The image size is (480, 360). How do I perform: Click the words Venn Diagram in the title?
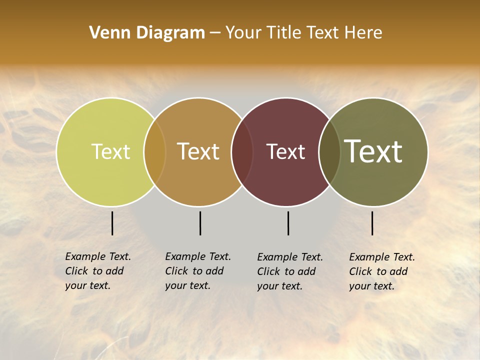147,33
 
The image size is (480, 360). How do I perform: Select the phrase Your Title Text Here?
303,33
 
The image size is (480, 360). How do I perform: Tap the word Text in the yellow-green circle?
110,151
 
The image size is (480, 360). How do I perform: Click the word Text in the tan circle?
198,151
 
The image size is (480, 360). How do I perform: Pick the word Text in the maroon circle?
285,151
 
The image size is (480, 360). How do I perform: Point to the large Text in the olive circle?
373,151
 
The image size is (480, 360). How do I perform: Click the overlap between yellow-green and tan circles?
155,152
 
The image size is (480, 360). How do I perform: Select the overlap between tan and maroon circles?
242,152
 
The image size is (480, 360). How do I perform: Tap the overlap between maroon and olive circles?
329,152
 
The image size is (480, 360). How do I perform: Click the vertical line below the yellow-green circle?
112,223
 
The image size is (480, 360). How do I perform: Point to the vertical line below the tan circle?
200,223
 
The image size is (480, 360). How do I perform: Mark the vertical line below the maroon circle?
288,223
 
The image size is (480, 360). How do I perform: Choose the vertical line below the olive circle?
372,223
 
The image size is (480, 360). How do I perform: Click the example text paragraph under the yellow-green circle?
97,271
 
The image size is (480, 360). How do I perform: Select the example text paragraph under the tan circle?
197,271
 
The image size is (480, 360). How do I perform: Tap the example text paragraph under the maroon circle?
289,271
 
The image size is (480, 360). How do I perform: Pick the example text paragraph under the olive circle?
381,271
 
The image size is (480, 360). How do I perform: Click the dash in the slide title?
215,33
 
